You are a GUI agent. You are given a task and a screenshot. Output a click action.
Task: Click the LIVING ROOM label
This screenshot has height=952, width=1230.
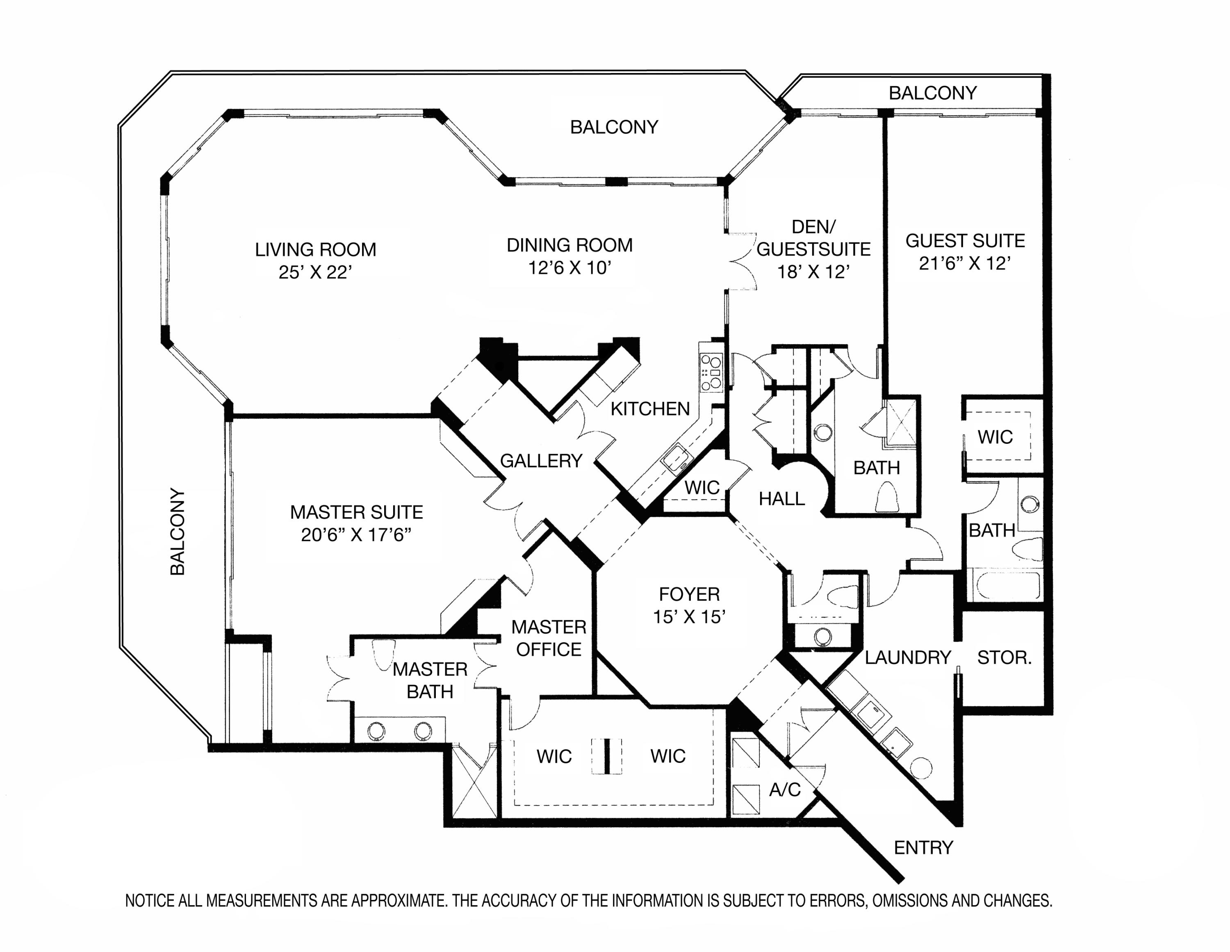point(315,249)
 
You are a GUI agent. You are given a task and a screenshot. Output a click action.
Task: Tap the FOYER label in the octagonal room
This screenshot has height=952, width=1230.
point(689,594)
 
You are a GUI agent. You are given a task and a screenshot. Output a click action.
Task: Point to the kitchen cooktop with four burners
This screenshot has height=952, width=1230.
point(711,372)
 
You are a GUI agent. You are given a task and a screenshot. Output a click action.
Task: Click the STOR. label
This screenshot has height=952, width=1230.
point(1004,657)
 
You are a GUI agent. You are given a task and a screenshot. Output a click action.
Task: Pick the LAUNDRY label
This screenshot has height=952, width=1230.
point(907,657)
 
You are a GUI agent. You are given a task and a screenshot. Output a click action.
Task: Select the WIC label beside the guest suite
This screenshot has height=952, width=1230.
point(995,437)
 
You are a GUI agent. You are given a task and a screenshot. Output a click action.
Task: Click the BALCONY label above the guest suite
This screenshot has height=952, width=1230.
point(933,93)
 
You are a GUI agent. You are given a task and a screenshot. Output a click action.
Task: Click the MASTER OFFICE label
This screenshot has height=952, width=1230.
point(549,638)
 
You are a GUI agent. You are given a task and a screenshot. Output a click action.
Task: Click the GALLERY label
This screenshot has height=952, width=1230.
point(541,461)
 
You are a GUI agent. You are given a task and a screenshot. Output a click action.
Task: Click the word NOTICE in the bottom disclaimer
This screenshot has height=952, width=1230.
point(150,901)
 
